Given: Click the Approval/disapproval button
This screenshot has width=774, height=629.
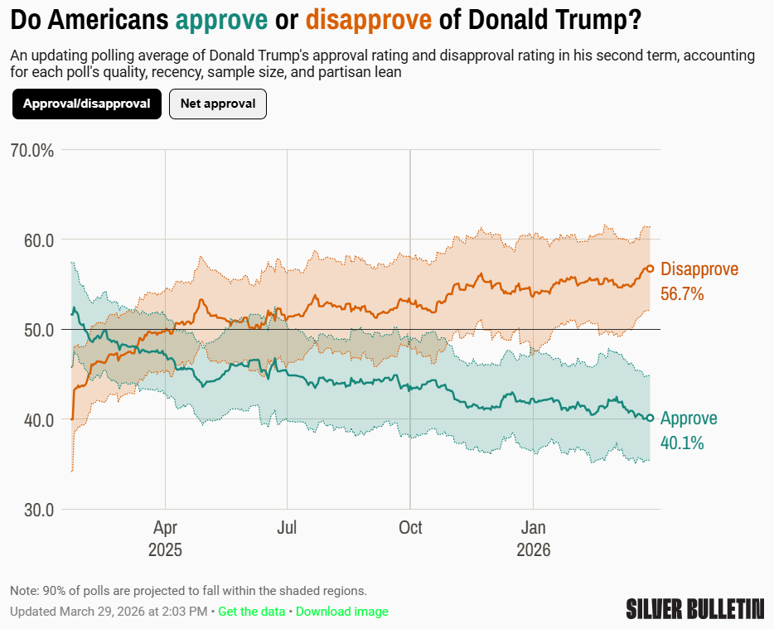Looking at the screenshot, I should (x=86, y=104).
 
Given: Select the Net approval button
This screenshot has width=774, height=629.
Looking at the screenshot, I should (x=218, y=104).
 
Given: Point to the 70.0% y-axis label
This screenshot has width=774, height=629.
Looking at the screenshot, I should (x=33, y=151).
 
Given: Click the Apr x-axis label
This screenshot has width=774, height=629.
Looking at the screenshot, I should (x=165, y=528).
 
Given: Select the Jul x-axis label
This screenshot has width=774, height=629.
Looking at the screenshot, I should (x=287, y=528).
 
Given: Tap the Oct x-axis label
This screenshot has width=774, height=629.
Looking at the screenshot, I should (x=410, y=528).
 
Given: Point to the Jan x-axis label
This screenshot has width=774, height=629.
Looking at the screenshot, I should (x=533, y=528).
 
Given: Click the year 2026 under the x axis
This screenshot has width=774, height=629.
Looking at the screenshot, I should (x=533, y=550).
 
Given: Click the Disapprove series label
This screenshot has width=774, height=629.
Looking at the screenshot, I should (x=699, y=269).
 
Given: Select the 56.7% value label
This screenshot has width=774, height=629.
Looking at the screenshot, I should (x=682, y=293).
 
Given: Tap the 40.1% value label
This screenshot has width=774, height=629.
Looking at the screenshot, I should (x=682, y=443).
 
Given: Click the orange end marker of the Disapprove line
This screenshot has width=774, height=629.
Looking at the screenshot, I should (x=651, y=269).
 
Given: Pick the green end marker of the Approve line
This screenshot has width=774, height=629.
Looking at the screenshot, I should (x=651, y=419).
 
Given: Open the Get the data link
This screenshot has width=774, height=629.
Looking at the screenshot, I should (x=251, y=612).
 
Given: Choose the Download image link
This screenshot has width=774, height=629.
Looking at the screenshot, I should (x=341, y=612).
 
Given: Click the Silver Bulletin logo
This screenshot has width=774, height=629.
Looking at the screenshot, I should (x=694, y=609).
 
